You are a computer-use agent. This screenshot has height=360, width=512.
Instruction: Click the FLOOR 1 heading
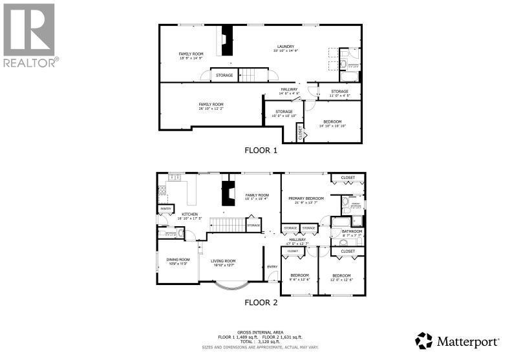point(261,151)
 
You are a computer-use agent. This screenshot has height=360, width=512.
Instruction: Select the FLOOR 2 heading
point(261,302)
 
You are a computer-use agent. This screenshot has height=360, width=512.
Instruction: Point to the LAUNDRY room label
point(286,47)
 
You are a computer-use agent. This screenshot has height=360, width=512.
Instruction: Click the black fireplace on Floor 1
point(225,42)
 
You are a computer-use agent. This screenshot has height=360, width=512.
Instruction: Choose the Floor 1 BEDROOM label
point(332,122)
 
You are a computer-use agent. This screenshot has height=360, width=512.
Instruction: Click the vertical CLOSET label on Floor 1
point(301,132)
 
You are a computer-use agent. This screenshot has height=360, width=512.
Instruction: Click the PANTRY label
point(166,208)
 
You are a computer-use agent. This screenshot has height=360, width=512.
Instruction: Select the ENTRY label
point(272,266)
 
